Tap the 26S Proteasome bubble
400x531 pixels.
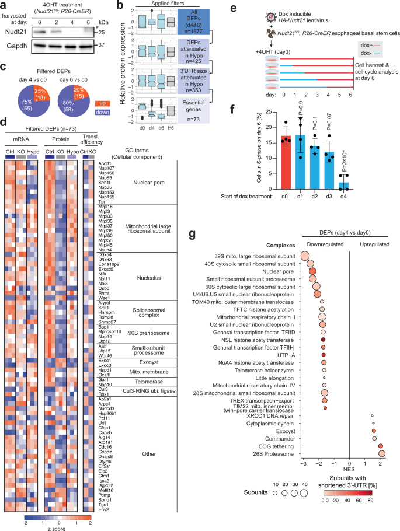coord(382,452)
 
